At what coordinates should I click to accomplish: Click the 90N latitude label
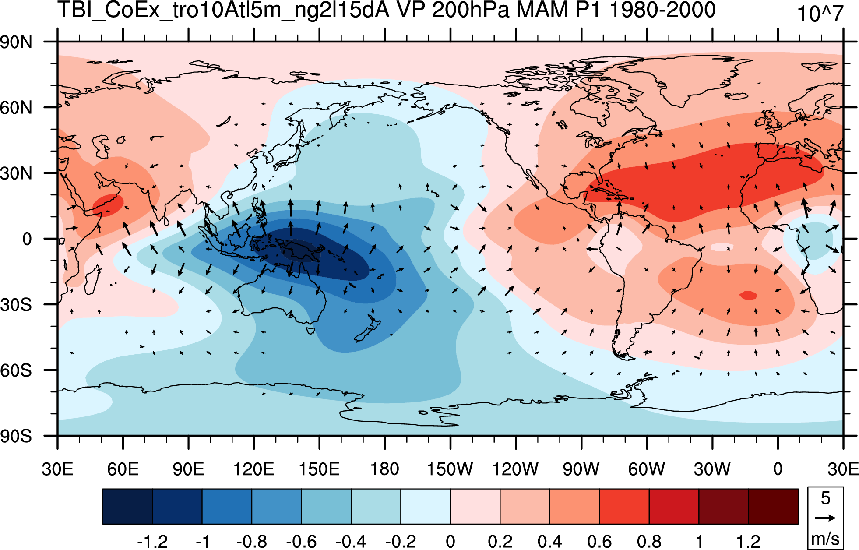(16, 42)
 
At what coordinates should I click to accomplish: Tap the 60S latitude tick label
(16, 370)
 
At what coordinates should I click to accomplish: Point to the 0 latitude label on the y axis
(27, 239)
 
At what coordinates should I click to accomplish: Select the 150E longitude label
(319, 469)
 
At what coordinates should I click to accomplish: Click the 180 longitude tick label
(385, 469)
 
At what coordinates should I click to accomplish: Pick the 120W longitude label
(515, 469)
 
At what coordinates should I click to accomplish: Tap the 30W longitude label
(712, 469)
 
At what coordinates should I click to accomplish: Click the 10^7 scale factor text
(820, 14)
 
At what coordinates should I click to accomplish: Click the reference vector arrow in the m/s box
(825, 518)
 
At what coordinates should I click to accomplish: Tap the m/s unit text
(825, 538)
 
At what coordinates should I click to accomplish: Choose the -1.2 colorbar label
(152, 542)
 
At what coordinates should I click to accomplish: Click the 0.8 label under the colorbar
(649, 542)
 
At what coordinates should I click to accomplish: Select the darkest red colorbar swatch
(773, 507)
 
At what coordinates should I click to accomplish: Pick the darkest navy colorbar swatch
(127, 507)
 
